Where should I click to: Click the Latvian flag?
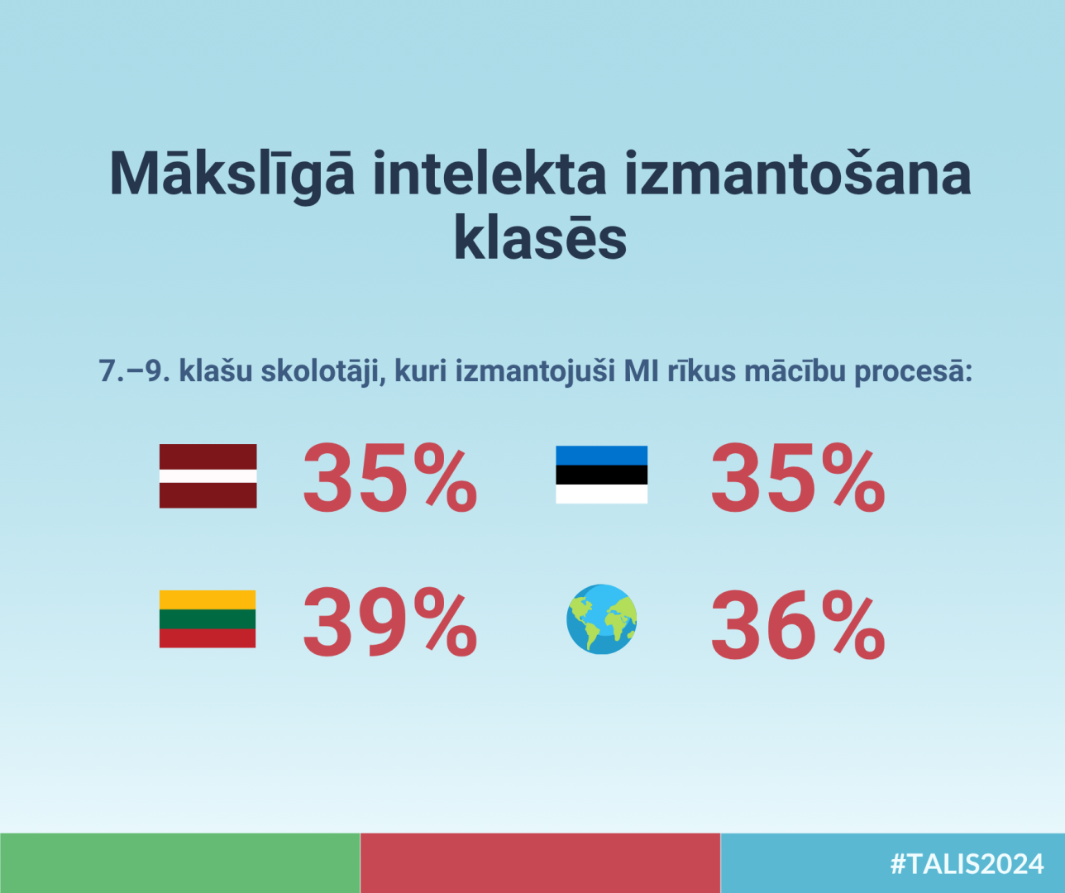[x=208, y=475]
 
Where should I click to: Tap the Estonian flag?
[x=601, y=475]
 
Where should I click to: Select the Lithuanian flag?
[x=208, y=619]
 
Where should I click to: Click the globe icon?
[x=602, y=619]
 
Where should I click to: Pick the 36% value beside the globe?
[x=798, y=625]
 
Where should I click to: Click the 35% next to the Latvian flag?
[x=390, y=477]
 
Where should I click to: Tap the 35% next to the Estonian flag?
[x=798, y=477]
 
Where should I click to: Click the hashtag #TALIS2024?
[x=967, y=864]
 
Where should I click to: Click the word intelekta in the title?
[x=490, y=172]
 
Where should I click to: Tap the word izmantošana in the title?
[x=798, y=172]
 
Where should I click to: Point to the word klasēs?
[x=540, y=237]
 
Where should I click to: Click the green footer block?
[x=180, y=863]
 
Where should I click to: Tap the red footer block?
[x=540, y=863]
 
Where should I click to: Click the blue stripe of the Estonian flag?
[x=601, y=456]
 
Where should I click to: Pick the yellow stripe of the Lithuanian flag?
[x=208, y=599]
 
